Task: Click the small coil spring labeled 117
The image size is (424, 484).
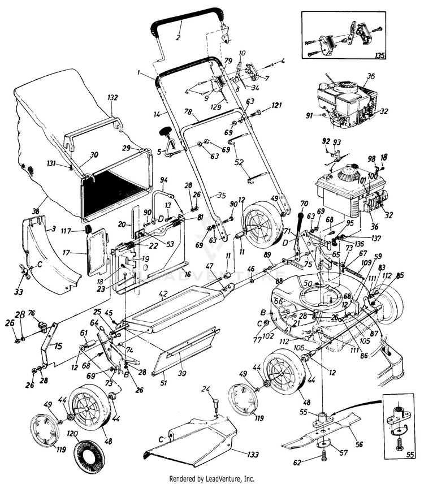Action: [89, 229]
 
